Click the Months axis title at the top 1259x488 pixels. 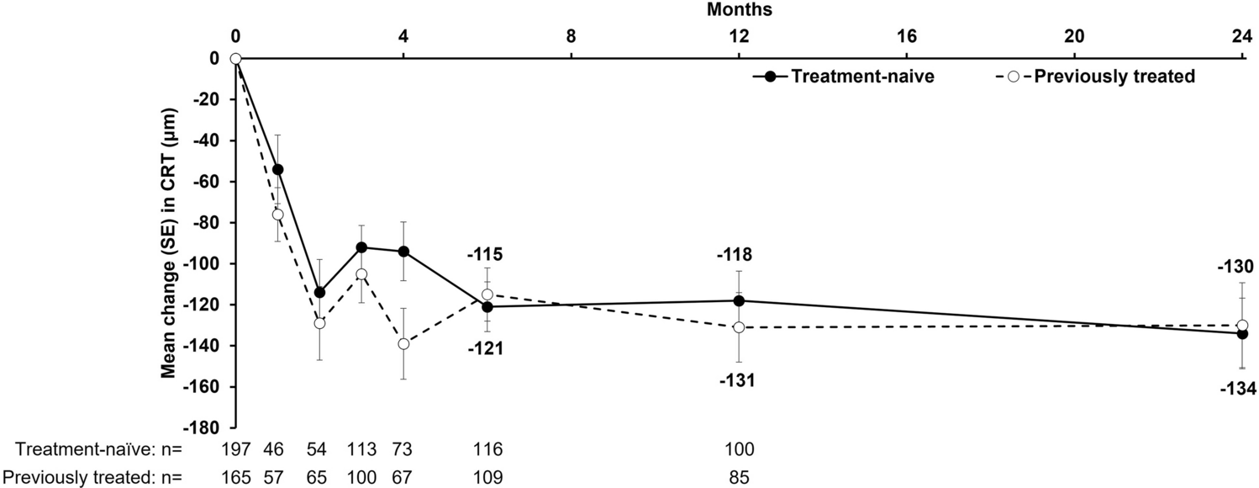click(x=740, y=10)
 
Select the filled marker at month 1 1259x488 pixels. click(x=277, y=169)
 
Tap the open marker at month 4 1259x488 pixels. click(x=403, y=343)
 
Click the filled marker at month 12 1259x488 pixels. click(x=739, y=300)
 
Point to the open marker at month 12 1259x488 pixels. click(x=739, y=327)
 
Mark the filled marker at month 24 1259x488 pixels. click(x=1242, y=333)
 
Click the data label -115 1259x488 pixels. click(x=487, y=255)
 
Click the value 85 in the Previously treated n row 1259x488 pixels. click(x=739, y=477)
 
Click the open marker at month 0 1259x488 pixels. click(x=235, y=58)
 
